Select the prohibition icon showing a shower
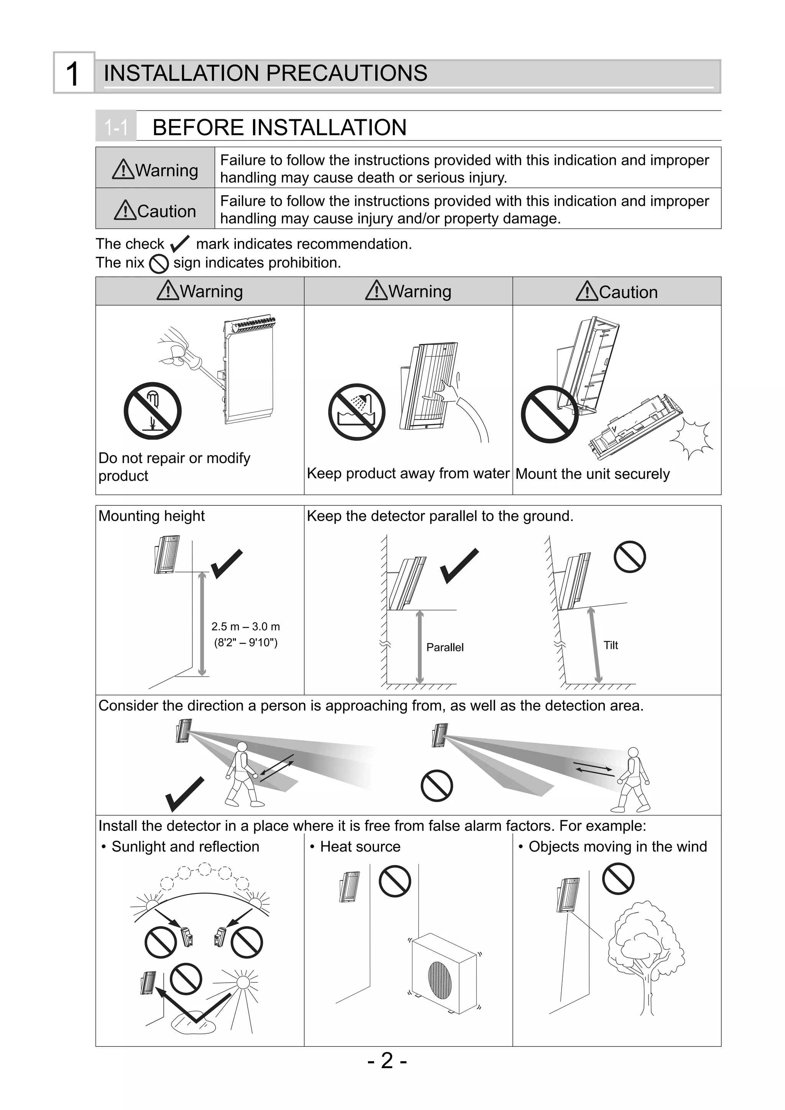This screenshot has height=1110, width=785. click(x=357, y=412)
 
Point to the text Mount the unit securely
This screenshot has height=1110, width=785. click(x=593, y=474)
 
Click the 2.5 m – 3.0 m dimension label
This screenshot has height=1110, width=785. click(x=246, y=627)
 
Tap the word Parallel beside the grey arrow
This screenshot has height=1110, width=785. click(x=445, y=647)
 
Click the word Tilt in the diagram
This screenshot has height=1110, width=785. click(x=611, y=645)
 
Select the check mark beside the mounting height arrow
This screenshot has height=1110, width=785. click(x=226, y=564)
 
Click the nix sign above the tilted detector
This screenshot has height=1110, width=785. click(x=629, y=557)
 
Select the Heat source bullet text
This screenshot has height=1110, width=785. click(x=360, y=847)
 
